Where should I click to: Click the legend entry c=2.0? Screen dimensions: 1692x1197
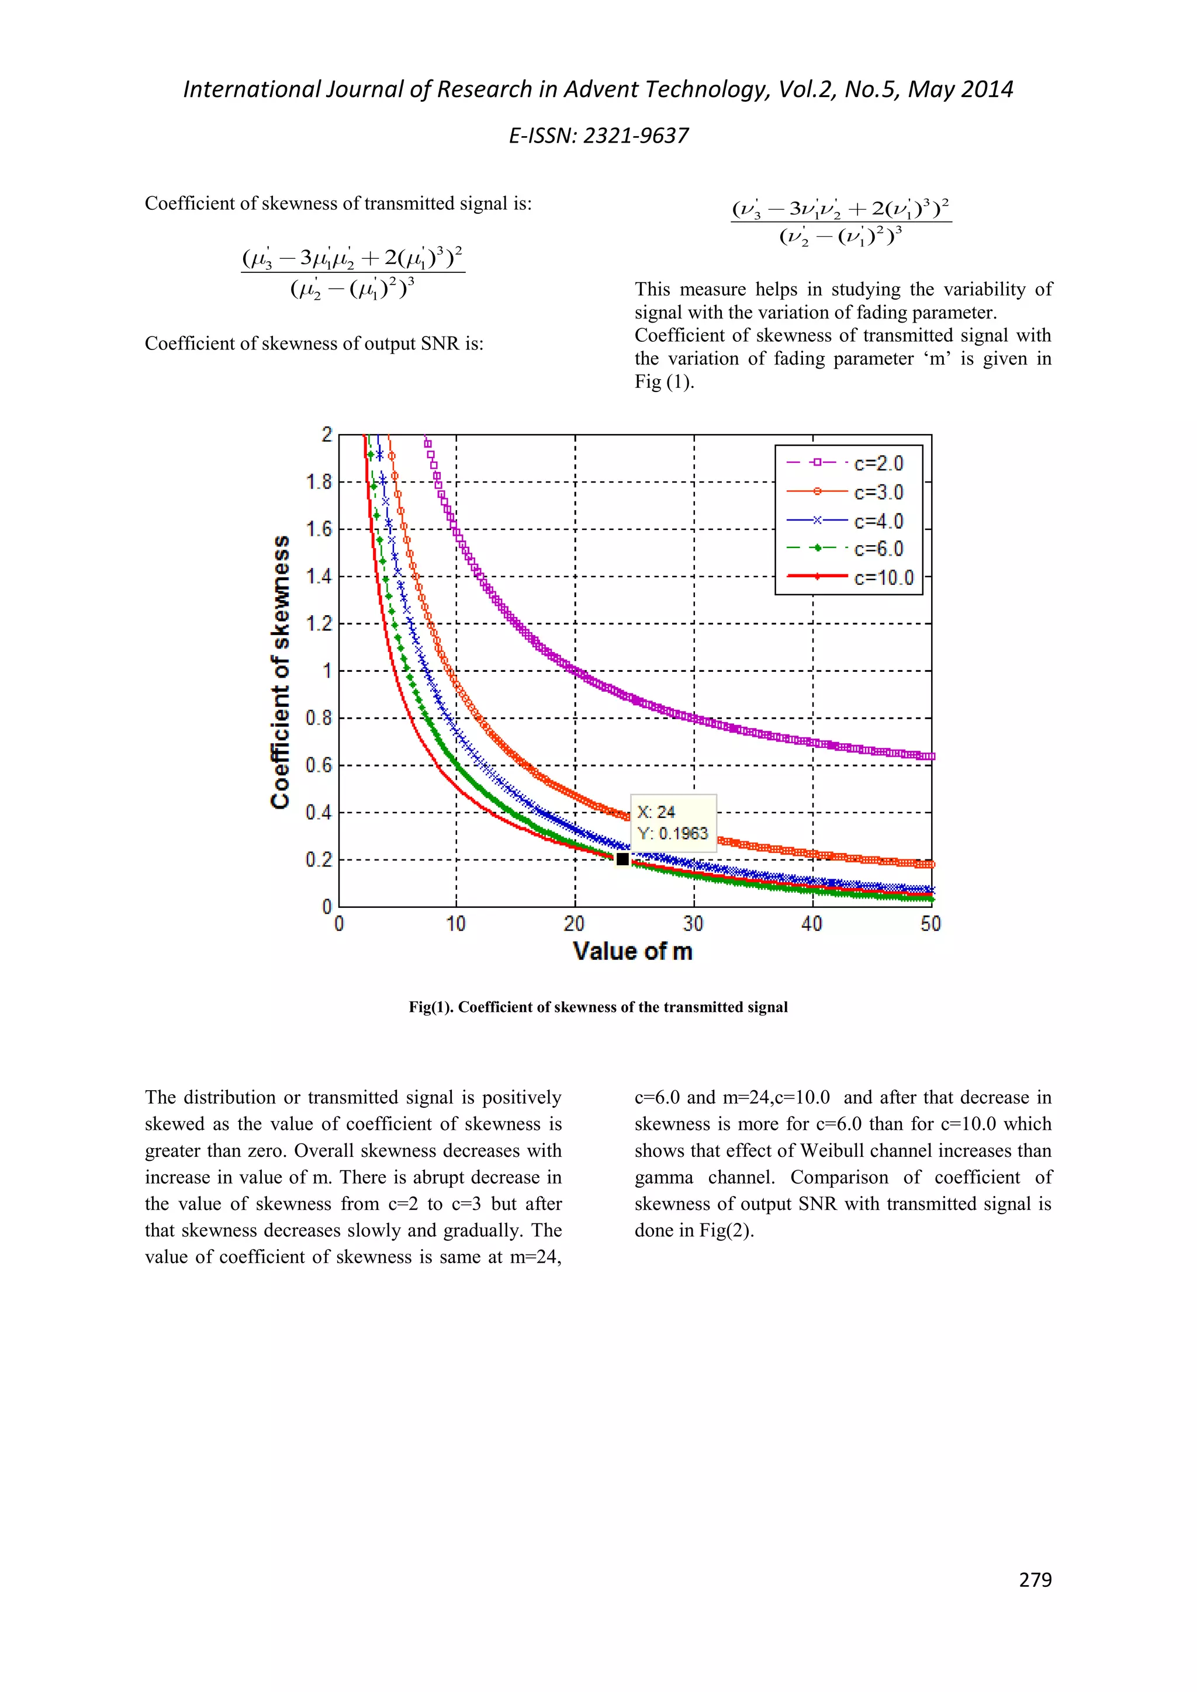878,463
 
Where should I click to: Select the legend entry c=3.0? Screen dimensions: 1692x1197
878,493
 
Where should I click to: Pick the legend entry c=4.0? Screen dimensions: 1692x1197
878,521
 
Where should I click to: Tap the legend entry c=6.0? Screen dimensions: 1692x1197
878,549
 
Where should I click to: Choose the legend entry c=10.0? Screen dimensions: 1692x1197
883,578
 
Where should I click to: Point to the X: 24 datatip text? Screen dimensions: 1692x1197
656,812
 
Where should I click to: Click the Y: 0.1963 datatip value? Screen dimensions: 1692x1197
672,834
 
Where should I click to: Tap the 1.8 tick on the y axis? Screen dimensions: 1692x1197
319,482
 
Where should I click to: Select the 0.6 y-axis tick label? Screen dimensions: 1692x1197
319,765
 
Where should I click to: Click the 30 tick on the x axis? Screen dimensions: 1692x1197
693,924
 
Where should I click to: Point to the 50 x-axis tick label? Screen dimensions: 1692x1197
930,924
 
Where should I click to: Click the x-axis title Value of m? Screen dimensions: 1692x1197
632,951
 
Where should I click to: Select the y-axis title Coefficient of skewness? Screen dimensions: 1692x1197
281,671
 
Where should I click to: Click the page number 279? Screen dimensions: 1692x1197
1035,1580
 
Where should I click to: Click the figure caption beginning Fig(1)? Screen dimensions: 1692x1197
598,1007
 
